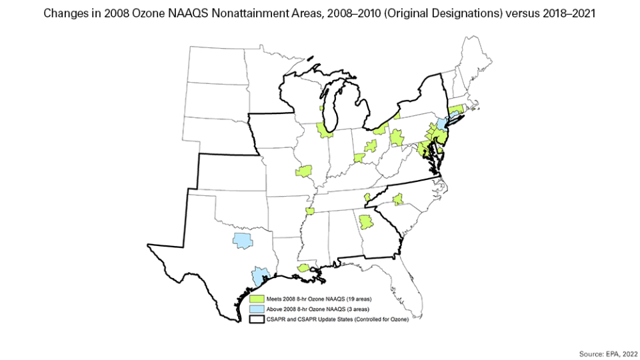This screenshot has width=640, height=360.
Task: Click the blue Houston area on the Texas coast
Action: coord(260,274)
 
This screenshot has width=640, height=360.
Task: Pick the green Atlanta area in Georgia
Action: coord(366,222)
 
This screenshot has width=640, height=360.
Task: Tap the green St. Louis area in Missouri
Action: coord(305,171)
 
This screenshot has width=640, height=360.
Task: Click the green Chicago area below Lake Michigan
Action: coord(325,130)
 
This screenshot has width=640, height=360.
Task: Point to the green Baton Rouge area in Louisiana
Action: coord(303,268)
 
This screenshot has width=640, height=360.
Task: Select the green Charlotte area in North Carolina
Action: coord(398,199)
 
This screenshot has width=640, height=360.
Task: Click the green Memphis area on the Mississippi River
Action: coord(309,211)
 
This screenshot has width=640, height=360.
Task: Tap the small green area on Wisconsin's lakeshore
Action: coord(321,107)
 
